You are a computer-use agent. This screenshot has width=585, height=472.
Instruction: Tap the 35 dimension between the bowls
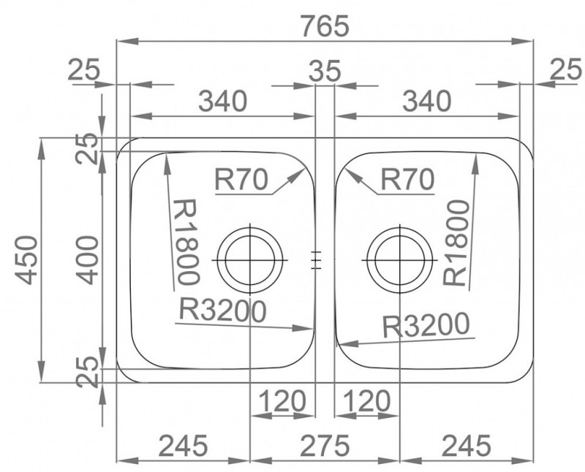pos(325,71)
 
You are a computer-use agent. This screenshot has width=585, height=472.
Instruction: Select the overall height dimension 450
pos(28,260)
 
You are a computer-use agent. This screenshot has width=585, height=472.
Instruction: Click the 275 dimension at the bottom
pos(325,446)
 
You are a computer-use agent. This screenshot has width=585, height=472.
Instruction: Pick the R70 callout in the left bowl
pos(241,179)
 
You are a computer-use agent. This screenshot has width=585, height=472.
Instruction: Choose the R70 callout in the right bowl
pos(407,179)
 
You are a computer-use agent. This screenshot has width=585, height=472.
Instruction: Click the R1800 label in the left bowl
pos(186,242)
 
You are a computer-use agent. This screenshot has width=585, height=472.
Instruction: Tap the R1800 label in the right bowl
pos(456,243)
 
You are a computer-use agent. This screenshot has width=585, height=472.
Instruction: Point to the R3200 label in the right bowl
pos(426,324)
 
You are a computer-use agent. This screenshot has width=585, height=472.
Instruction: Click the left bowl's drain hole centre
pos(249,259)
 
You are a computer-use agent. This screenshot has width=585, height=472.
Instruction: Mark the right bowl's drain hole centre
pos(399,259)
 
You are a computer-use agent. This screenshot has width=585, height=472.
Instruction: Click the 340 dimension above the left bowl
pos(222,102)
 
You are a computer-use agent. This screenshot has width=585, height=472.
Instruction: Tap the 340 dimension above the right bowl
pos(426,102)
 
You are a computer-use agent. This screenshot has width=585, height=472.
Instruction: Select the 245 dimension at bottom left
pos(183,446)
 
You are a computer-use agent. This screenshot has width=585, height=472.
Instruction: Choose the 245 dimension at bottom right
pos(467,446)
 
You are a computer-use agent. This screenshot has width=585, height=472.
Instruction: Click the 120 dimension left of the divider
pos(282,401)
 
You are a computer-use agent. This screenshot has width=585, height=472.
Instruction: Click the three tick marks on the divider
pos(316,260)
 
